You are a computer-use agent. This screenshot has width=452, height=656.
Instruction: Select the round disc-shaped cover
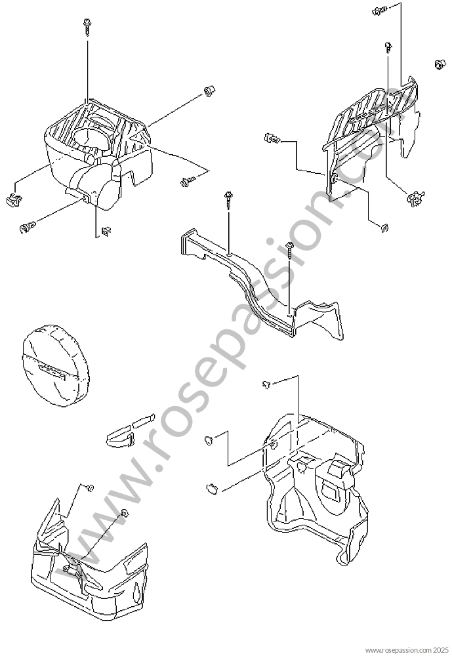[56, 365]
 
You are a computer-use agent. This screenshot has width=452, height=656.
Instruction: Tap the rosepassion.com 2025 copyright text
[407, 651]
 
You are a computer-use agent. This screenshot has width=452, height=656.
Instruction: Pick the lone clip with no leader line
[439, 64]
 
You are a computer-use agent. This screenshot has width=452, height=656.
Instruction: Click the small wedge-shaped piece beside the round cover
[121, 437]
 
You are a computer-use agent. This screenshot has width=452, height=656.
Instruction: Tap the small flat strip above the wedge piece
[144, 420]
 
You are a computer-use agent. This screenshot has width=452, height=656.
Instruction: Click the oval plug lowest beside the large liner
[212, 488]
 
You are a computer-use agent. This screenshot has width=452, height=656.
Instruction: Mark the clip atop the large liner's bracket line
[266, 384]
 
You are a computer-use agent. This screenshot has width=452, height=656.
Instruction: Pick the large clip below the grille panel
[415, 198]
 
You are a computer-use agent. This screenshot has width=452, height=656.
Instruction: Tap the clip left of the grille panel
[272, 138]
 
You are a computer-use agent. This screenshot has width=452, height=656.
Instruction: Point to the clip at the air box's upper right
[209, 91]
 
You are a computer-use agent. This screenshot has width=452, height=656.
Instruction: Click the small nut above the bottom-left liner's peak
[90, 487]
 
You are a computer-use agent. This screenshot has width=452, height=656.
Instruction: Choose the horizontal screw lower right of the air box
[188, 180]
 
